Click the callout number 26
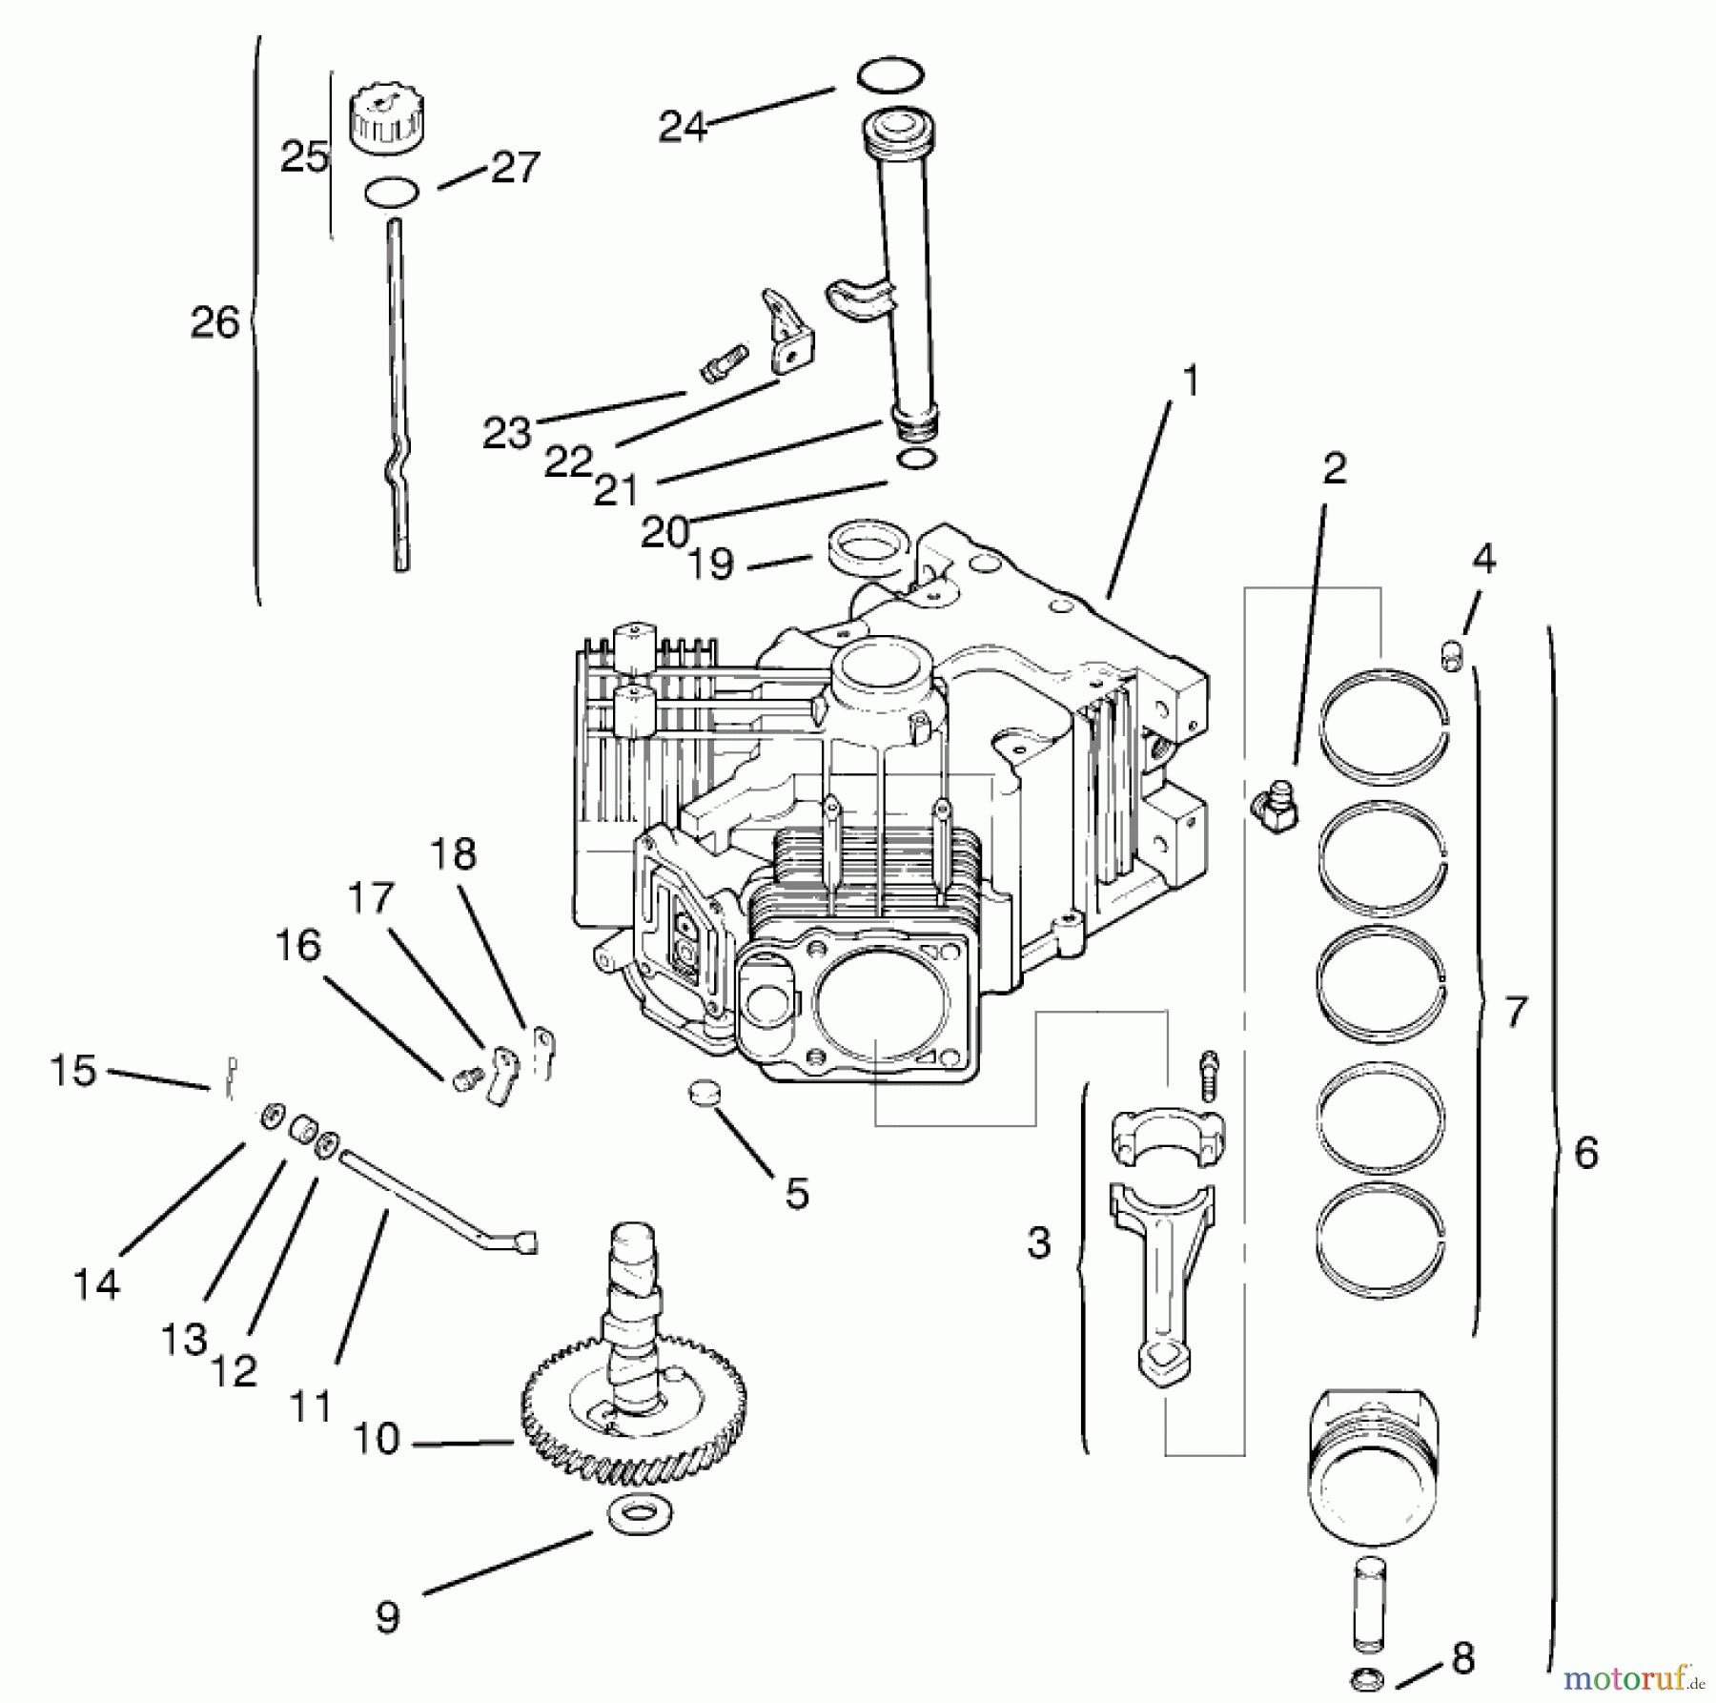[x=214, y=323]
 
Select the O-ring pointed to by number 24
[x=890, y=75]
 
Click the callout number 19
[x=711, y=564]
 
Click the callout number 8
[x=1462, y=1658]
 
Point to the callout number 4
[x=1484, y=559]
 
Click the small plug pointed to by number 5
[x=704, y=1090]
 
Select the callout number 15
[x=73, y=1071]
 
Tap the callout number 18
[x=453, y=854]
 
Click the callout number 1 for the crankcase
[x=1189, y=381]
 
